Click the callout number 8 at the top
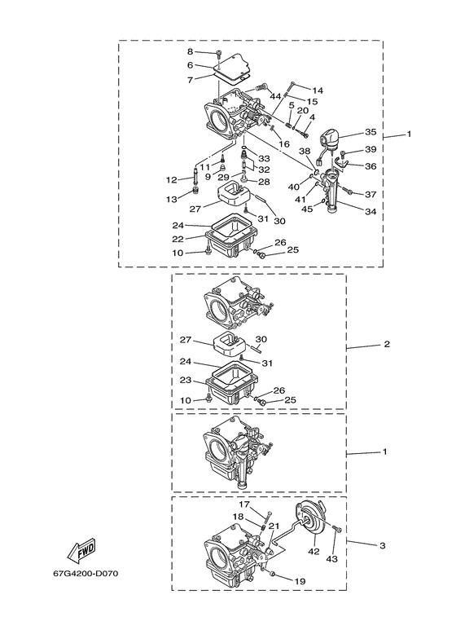pos(190,52)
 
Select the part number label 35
pos(370,132)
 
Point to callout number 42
pos(313,552)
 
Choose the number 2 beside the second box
pos(387,345)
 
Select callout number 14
pos(318,90)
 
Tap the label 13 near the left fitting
pos(171,200)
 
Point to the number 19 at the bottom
pos(300,581)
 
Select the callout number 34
pos(370,212)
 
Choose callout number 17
pos(243,504)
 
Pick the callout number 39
pos(370,149)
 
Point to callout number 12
pos(171,179)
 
